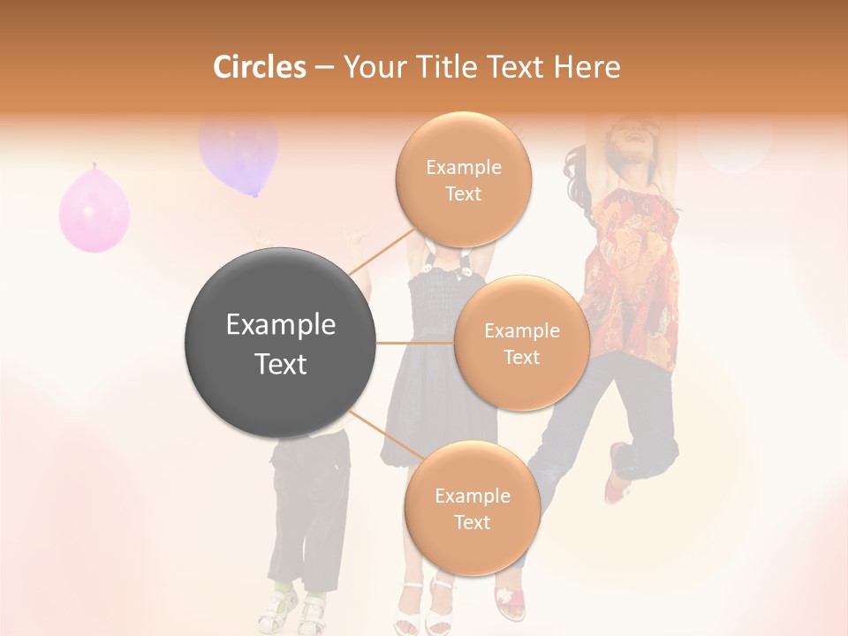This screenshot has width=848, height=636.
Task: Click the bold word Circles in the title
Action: [x=259, y=66]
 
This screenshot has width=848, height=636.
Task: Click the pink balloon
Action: [x=94, y=210]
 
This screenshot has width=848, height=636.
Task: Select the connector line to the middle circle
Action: [x=414, y=343]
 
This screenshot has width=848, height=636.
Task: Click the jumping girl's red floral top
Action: [x=631, y=265]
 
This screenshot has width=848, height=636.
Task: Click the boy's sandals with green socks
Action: [x=297, y=609]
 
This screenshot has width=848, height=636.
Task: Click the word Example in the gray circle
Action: [x=280, y=325]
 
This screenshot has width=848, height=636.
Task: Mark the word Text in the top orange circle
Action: [x=463, y=194]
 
